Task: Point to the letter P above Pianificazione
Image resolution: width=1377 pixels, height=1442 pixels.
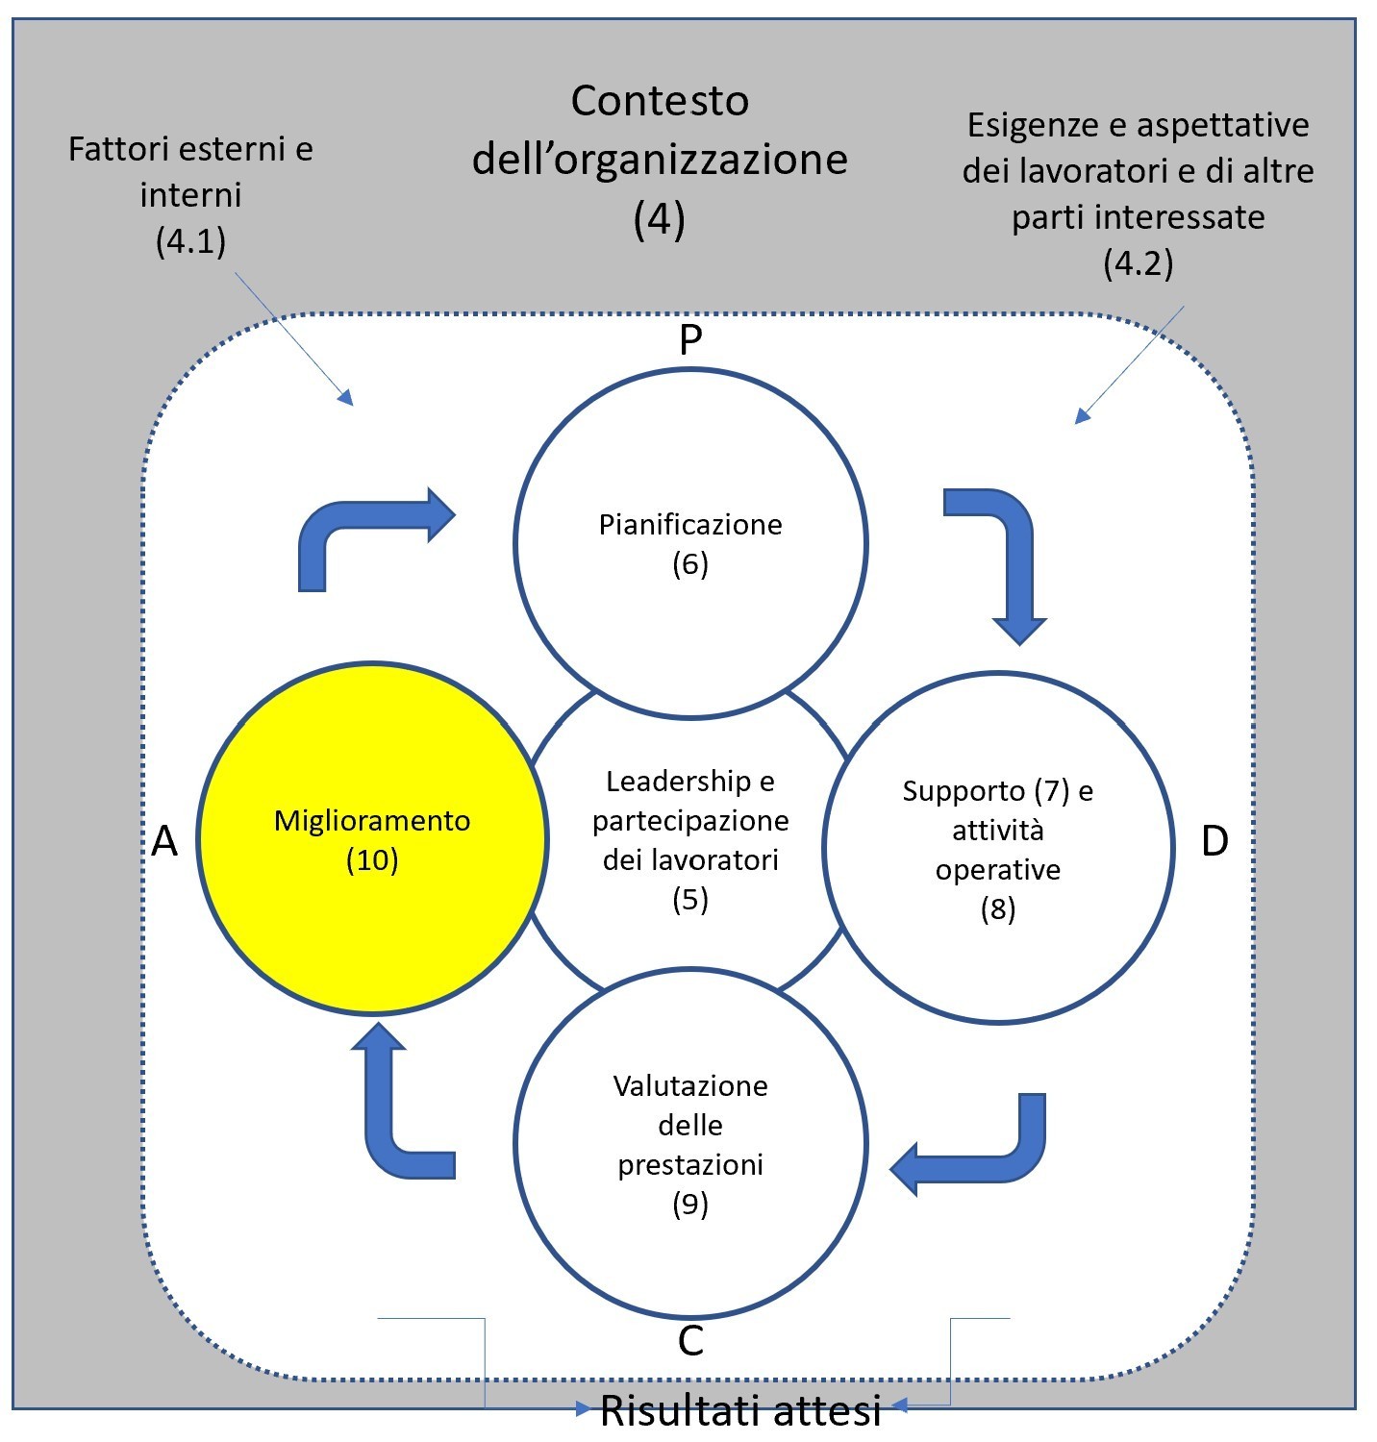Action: (690, 339)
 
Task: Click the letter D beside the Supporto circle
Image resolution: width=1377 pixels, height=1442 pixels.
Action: (1214, 841)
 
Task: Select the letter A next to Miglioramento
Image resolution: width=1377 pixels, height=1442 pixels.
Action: (165, 841)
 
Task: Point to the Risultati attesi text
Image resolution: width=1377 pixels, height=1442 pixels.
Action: (740, 1410)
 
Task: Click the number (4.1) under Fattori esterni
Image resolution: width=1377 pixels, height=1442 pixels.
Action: (190, 240)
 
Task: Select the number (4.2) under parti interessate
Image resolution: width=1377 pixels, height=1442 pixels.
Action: (1138, 262)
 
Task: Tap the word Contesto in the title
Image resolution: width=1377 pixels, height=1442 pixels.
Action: (660, 101)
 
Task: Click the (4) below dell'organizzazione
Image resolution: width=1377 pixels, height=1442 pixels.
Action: (660, 219)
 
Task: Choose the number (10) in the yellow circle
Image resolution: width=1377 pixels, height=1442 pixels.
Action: (372, 859)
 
